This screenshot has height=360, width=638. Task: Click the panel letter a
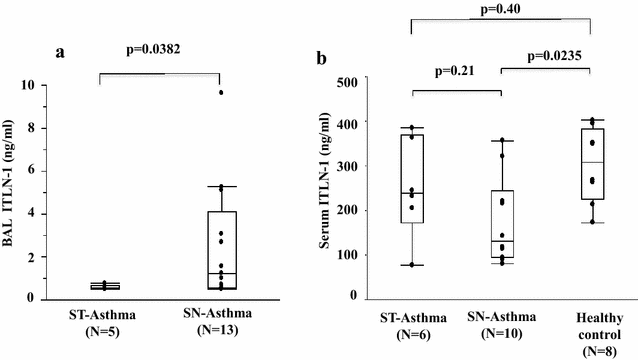[x=62, y=56]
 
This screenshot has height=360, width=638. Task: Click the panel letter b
[x=321, y=59]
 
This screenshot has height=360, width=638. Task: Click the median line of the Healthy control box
[x=592, y=162]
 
